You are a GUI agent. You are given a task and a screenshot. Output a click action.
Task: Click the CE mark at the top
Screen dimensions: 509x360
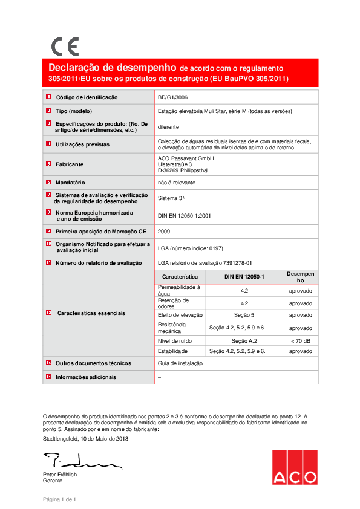coord(64,46)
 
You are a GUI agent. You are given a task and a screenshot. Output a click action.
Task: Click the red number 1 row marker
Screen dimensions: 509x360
coord(48,97)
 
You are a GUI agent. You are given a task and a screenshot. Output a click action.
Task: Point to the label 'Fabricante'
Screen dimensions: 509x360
coord(70,164)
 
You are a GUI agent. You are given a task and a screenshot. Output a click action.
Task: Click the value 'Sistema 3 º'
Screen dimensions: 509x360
coord(171,198)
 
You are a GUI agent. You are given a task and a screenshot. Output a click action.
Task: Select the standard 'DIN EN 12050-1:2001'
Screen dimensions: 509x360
coord(184,215)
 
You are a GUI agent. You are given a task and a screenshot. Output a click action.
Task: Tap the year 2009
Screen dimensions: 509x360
coord(164,231)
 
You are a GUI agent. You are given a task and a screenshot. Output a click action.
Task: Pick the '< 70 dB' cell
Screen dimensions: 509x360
coord(300,342)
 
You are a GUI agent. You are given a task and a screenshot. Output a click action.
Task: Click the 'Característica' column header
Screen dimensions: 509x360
coord(180,276)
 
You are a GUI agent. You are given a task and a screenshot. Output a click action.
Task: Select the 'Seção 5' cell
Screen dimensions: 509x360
coord(244,315)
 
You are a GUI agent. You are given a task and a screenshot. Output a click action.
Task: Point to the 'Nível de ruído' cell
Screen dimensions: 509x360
coord(174,342)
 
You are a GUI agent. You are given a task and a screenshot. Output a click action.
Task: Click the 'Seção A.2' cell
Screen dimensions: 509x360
coord(244,342)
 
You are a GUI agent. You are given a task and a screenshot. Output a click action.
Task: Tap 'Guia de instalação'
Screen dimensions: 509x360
coord(180,363)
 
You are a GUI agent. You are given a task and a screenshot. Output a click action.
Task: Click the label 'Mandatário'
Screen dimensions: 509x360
coord(71,182)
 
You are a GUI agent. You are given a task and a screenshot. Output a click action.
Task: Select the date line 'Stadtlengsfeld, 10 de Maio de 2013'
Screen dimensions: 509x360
coord(85,439)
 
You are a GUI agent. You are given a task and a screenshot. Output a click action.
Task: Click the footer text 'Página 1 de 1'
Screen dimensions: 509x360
coord(59,499)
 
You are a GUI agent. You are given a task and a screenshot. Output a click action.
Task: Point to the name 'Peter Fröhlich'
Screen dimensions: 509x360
coord(60,475)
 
